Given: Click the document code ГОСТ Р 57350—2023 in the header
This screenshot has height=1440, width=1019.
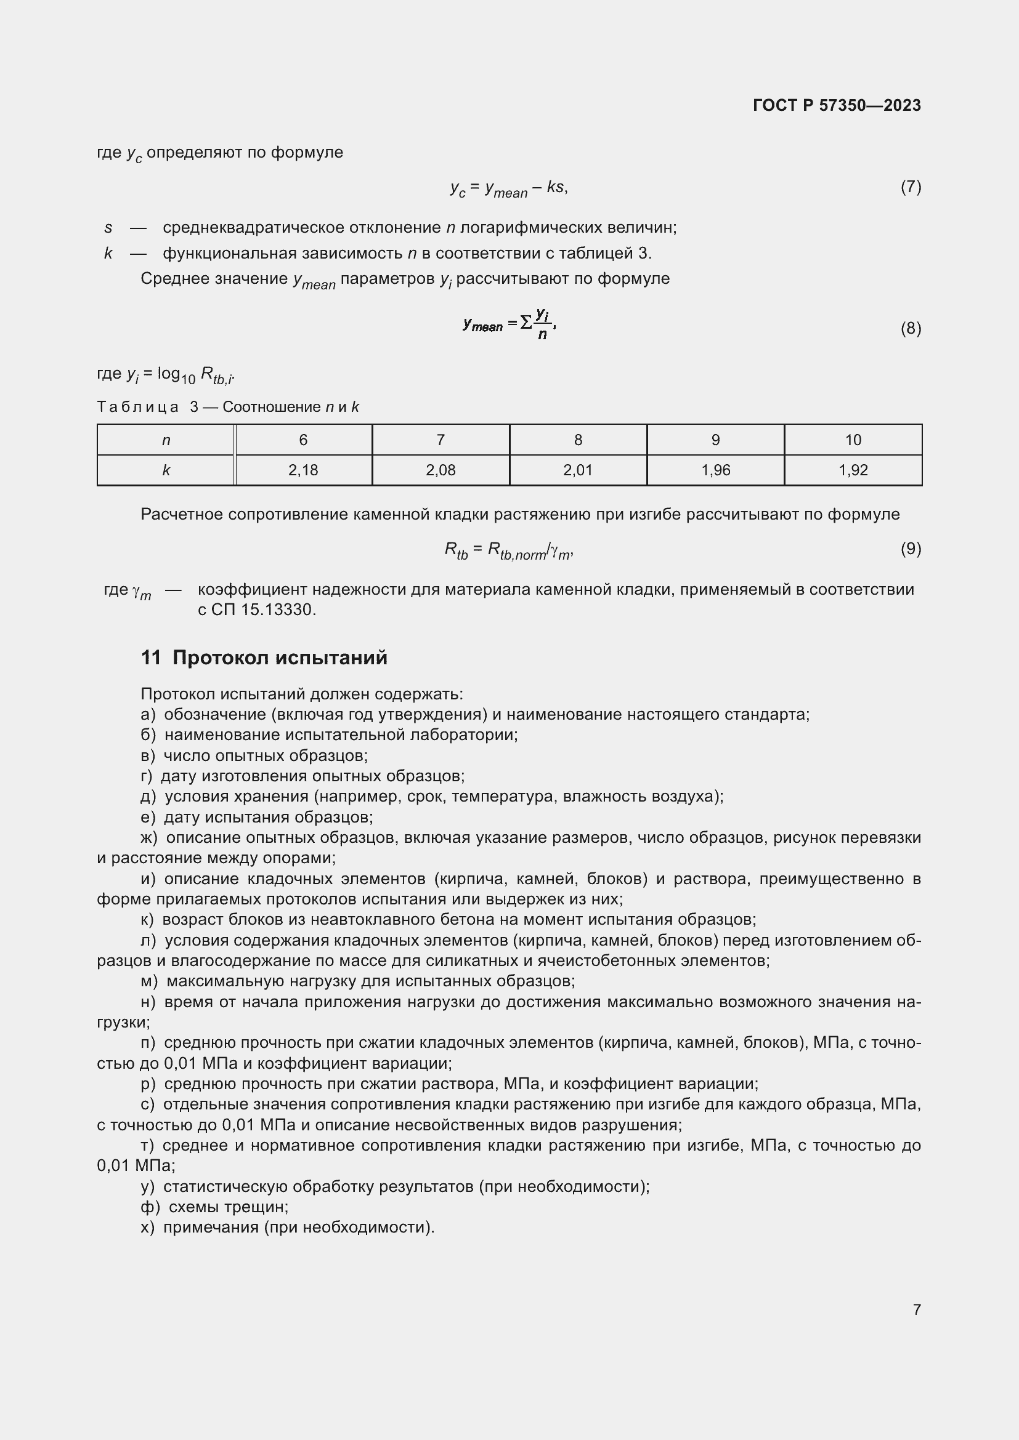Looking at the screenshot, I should (837, 105).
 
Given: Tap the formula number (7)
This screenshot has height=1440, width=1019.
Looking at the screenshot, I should (911, 187).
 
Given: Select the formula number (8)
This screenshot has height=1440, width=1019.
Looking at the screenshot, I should (911, 329).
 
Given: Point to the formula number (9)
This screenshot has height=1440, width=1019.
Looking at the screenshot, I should (911, 549).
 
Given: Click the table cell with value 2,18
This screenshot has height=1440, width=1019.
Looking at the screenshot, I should (303, 470).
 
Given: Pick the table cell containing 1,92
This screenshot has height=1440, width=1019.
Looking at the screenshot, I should (853, 470).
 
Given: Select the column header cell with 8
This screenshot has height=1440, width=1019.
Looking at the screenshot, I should (578, 440).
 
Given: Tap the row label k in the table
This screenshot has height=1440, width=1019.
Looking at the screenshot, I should (166, 470).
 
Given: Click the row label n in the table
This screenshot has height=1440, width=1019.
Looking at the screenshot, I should (166, 440).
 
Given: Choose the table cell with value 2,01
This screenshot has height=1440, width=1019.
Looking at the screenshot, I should (578, 470).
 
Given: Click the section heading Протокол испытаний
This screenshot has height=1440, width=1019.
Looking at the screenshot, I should (280, 658).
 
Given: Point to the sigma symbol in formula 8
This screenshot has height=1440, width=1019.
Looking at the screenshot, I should (526, 323).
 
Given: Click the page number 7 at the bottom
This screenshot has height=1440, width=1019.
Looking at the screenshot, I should (917, 1309).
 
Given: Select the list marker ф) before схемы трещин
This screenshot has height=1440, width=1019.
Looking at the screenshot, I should (150, 1207).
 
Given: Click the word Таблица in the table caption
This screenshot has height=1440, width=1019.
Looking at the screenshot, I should (137, 407).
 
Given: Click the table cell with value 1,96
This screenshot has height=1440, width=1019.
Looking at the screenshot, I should (715, 470).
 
